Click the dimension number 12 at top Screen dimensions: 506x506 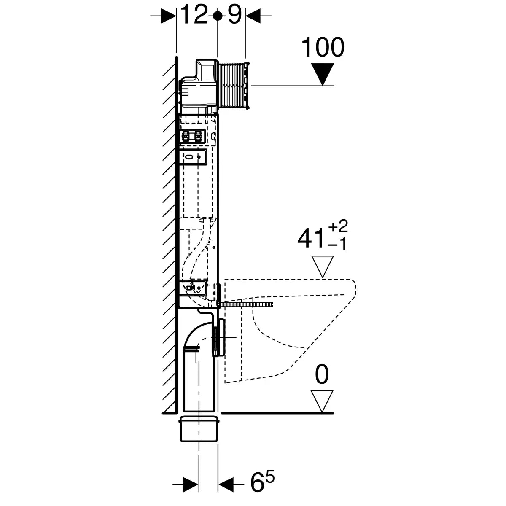coord(194,16)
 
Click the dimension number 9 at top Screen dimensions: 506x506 coord(234,16)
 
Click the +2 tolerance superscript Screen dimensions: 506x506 coord(339,226)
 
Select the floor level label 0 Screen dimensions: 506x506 coord(322,375)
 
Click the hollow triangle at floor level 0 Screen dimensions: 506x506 coord(322,401)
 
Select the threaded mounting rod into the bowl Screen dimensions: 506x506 coord(249,303)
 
